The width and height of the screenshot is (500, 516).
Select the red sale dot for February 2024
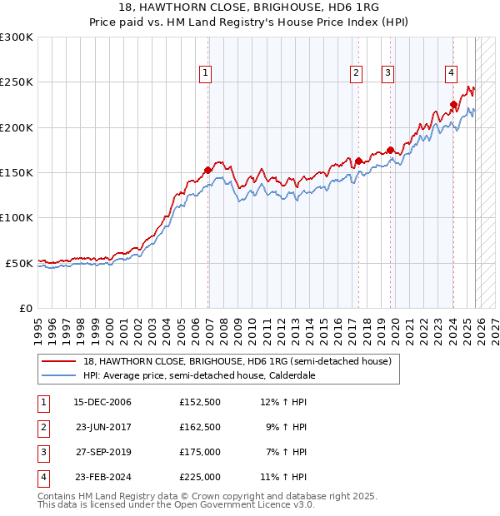pyautogui.click(x=453, y=105)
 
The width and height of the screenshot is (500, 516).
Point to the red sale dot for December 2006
pyautogui.click(x=207, y=170)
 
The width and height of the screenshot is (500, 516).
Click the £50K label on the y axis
pyautogui.click(x=19, y=263)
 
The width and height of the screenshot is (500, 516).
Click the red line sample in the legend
pyautogui.click(x=59, y=361)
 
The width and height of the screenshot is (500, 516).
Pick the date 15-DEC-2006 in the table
pyautogui.click(x=102, y=401)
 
